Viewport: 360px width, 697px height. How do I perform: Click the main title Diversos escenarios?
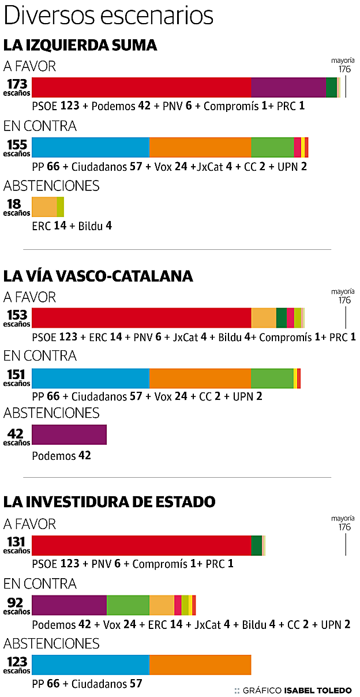pos(108,16)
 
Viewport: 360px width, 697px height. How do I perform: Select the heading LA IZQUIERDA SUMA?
pos(80,46)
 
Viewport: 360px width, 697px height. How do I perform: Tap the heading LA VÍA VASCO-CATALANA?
pos(98,276)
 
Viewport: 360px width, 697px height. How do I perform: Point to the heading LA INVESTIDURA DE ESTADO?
pos(109,502)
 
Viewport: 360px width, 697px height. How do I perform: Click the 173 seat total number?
pos(17,84)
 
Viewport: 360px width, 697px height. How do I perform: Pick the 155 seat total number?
pos(17,144)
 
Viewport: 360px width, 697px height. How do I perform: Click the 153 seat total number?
pos(17,315)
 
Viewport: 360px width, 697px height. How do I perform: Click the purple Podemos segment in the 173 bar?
pos(288,87)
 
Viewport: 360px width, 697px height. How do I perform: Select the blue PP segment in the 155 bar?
pos(91,148)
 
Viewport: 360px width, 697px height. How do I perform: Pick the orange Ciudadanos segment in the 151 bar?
pos(200,378)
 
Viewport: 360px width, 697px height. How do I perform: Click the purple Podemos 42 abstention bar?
pos(69,434)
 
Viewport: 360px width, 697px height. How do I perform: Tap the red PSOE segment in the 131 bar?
pos(141,545)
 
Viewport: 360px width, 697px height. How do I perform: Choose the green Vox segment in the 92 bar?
pos(128,605)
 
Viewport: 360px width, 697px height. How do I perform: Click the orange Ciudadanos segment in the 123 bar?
pos(200,665)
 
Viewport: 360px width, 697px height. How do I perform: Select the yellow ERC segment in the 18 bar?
pos(44,207)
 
